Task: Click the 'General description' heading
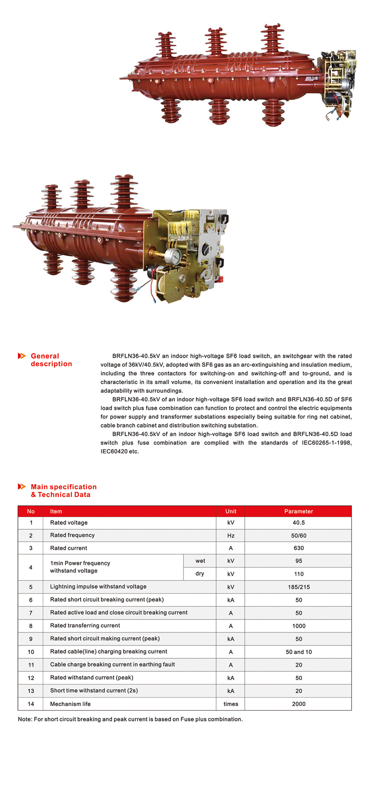click(x=51, y=360)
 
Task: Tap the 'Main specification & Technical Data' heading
click(x=63, y=491)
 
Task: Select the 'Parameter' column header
click(x=298, y=511)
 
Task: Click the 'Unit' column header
click(x=231, y=511)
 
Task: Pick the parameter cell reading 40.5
click(x=298, y=523)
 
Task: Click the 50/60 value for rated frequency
click(x=298, y=536)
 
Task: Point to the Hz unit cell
click(x=231, y=536)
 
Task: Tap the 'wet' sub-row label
click(x=200, y=561)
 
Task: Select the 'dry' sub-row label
click(x=200, y=574)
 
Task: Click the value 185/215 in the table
click(x=298, y=587)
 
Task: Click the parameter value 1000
click(x=298, y=626)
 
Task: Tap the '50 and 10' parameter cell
click(x=298, y=652)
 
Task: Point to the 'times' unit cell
click(x=231, y=704)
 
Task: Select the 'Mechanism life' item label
click(x=70, y=704)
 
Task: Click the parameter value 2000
click(x=298, y=704)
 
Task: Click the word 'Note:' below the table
click(x=25, y=719)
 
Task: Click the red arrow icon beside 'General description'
click(x=22, y=356)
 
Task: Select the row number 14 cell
click(x=31, y=704)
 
